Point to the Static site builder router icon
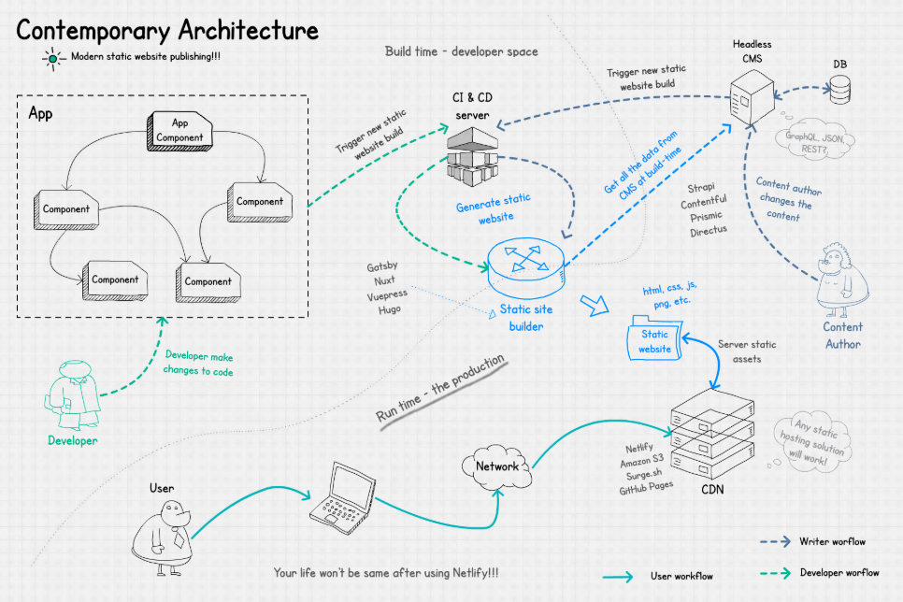tap(526, 264)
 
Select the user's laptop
tap(340, 496)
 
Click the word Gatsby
tap(383, 266)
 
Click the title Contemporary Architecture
tap(167, 30)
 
